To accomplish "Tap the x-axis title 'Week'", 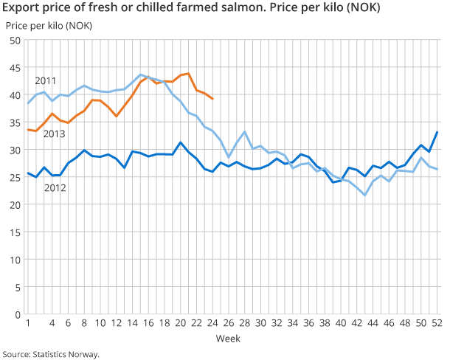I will [227, 339].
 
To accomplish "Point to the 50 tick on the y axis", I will [14, 41].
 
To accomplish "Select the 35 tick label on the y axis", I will [14, 122].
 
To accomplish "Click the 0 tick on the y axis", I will [17, 314].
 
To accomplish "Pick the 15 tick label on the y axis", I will [14, 232].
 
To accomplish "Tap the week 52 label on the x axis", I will [437, 323].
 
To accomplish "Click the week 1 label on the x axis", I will [27, 323].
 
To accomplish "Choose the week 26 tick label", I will [229, 323].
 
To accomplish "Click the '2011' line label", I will [45, 80].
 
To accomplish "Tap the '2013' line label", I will [54, 134].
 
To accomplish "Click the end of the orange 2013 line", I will [212, 99].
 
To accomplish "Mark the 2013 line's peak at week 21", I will [188, 73].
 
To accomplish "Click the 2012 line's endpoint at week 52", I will [437, 132].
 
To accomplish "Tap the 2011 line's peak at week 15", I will [140, 75].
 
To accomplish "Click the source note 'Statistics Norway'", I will [50, 354].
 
